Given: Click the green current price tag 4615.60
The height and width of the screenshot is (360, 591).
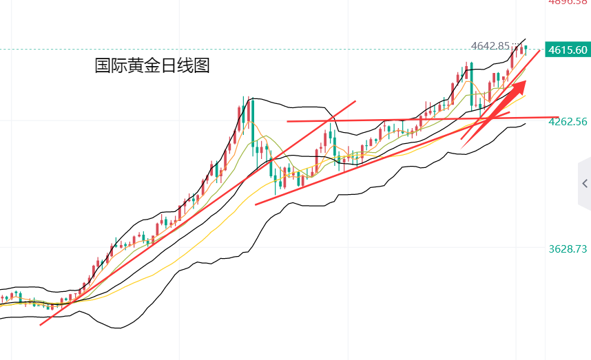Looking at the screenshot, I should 568,50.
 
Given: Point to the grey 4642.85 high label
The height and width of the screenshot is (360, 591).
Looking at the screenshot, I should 490,46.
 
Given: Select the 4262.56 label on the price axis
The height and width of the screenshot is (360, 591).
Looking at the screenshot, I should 568,122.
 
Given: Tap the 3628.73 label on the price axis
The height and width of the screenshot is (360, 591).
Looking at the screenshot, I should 568,248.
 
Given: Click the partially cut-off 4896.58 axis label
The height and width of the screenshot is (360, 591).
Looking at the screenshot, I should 568,2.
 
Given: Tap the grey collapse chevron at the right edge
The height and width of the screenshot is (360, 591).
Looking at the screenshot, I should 584,184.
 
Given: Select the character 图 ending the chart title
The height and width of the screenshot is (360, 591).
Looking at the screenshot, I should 202,66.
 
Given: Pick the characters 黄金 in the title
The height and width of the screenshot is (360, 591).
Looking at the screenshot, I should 144,66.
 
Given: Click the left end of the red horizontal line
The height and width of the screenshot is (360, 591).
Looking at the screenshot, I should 287,121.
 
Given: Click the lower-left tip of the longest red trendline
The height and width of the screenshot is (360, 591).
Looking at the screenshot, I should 41,325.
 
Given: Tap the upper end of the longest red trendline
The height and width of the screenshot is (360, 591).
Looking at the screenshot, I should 355,101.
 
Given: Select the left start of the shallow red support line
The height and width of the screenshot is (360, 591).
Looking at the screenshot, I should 256,204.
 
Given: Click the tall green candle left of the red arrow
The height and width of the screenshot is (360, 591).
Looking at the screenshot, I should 471,86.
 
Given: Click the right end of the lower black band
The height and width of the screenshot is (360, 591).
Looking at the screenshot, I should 526,124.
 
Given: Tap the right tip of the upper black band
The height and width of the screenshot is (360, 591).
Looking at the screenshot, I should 526,39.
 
